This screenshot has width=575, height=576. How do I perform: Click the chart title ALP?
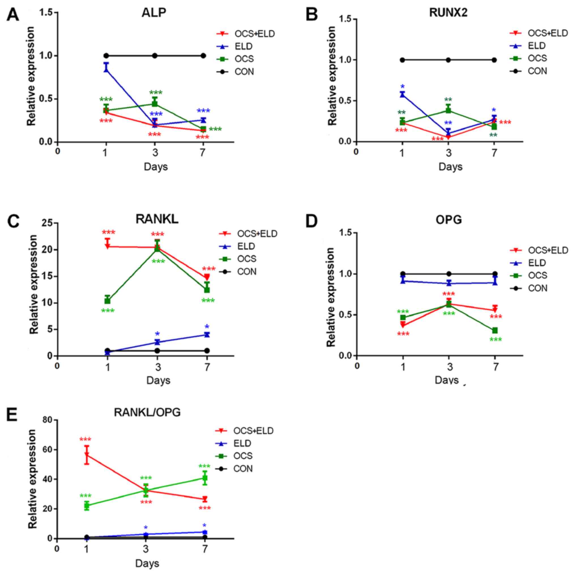click(x=154, y=13)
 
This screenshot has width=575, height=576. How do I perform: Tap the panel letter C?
click(x=13, y=222)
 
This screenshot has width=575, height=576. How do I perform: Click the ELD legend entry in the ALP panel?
click(x=243, y=46)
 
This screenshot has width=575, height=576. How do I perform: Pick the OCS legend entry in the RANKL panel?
click(x=247, y=259)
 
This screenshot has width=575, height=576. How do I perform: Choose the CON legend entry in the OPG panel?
click(x=537, y=288)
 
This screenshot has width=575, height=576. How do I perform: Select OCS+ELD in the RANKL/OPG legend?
click(x=253, y=430)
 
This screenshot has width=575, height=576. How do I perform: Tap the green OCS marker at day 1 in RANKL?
click(x=107, y=300)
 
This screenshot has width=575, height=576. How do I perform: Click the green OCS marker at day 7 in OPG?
click(x=495, y=330)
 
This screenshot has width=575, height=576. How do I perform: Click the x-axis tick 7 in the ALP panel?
click(x=203, y=153)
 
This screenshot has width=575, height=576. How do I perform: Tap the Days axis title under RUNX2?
click(x=450, y=167)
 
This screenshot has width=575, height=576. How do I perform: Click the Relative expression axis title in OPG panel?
click(x=331, y=297)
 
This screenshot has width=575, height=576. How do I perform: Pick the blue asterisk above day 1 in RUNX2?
click(x=402, y=87)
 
